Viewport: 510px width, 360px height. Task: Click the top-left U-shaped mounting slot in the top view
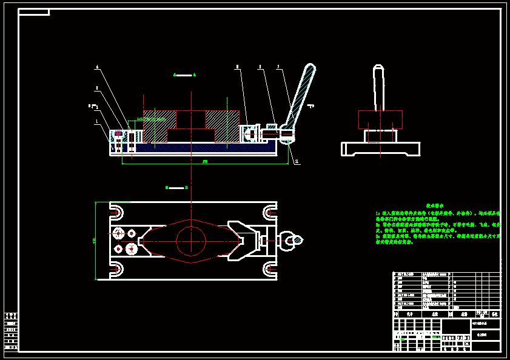(x=116, y=212)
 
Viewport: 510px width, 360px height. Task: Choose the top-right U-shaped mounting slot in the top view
(x=269, y=212)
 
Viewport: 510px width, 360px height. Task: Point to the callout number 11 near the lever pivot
(x=297, y=162)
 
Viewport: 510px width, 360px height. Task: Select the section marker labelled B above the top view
(x=176, y=188)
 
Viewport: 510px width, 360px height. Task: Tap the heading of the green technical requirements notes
(x=434, y=206)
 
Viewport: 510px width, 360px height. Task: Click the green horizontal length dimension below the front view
(x=205, y=162)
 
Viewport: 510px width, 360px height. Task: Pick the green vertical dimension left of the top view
(x=95, y=241)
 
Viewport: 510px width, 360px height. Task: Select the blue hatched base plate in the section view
(x=200, y=147)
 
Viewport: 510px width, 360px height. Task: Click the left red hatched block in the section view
(x=159, y=126)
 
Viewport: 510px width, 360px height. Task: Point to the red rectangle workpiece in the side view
(x=380, y=120)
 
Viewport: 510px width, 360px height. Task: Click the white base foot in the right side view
(x=380, y=149)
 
